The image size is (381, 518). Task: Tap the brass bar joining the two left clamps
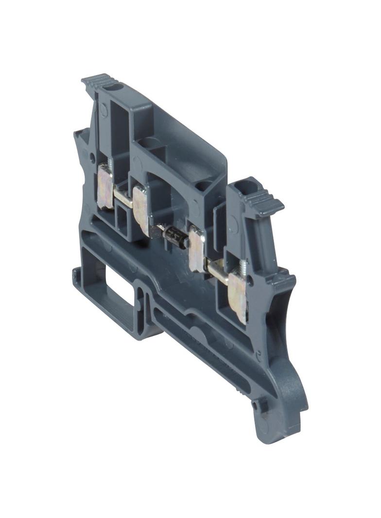point(122,197)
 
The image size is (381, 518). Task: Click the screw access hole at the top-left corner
point(116,87)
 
